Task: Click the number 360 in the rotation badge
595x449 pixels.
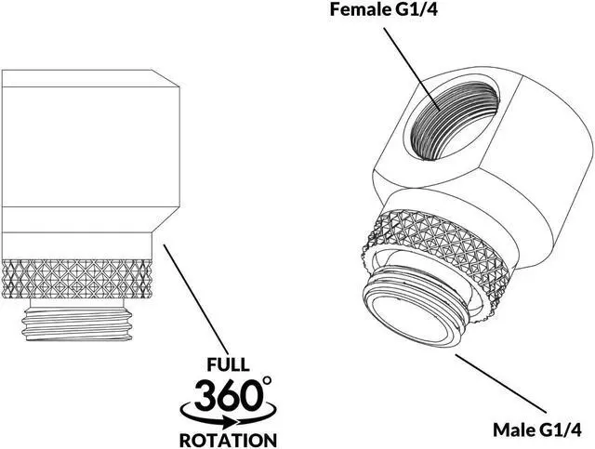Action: pos(227,396)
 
